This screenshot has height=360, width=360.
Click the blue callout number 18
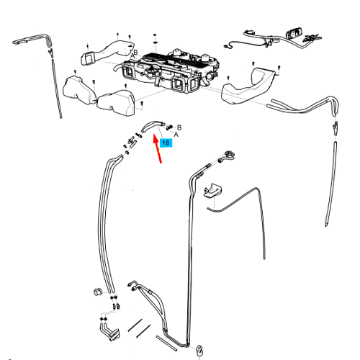(166, 143)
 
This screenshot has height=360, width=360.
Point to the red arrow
(157, 149)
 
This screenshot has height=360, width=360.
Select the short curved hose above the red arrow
(153, 125)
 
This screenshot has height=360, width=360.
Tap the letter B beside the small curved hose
(179, 127)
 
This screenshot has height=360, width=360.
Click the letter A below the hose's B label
(176, 135)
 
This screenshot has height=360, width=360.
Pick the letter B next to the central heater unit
(135, 53)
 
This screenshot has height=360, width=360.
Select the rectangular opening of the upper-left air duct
(87, 58)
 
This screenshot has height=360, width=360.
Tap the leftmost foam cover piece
(78, 89)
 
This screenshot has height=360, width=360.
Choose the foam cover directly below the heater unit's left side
(116, 102)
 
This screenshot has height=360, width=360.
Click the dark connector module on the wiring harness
(292, 34)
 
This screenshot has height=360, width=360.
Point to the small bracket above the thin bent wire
(212, 191)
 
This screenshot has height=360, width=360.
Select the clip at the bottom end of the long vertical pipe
(199, 351)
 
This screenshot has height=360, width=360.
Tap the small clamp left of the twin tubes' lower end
(98, 292)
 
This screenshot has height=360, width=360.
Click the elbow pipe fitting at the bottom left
(109, 331)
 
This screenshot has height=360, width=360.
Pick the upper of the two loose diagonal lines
(135, 325)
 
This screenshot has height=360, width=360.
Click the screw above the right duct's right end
(279, 68)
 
